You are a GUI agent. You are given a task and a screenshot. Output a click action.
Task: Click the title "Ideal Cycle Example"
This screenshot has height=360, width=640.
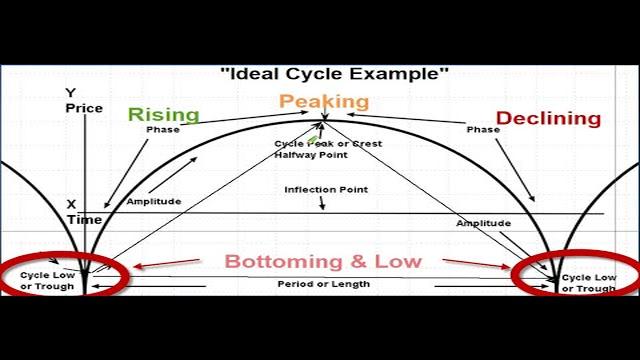coord(334,73)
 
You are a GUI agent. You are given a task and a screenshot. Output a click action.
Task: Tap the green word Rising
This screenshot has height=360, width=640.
coord(163,114)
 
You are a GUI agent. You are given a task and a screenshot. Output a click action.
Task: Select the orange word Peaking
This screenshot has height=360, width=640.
coord(324,101)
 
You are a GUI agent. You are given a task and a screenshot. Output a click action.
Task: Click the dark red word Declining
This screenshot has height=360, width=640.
coord(548,118)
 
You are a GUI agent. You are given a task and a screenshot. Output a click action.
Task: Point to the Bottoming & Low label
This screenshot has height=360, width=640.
coord(323,262)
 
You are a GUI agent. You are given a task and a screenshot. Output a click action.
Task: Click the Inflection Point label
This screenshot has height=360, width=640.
coord(326,189)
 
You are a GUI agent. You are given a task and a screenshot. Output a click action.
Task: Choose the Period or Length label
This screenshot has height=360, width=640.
coord(323,284)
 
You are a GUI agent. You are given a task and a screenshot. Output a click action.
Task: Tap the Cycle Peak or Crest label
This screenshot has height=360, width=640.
coord(328,143)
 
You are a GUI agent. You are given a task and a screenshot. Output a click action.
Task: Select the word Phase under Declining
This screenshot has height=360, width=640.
coord(482,130)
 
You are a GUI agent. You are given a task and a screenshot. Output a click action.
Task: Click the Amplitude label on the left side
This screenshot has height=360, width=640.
coord(153,201)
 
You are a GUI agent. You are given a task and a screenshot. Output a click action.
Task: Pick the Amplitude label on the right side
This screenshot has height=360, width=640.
coord(484,222)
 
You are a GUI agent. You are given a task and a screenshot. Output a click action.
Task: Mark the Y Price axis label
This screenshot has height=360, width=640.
coord(76,100)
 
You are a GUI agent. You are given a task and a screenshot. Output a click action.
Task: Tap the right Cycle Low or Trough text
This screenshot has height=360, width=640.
coord(590,283)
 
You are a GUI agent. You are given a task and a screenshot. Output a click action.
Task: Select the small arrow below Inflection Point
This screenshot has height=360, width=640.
coord(322,203)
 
